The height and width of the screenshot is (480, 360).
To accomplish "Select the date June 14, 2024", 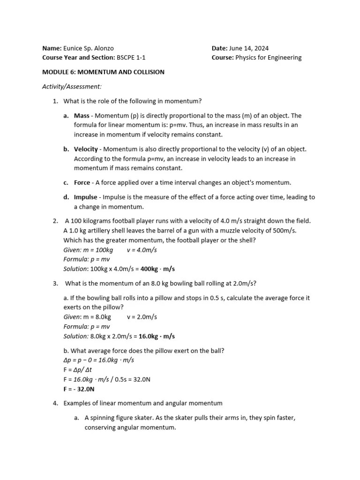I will pos(248,48).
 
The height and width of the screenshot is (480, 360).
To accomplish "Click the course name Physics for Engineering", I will pos(268,58).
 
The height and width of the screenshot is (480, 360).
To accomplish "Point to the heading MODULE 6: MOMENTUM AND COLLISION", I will pos(103,72).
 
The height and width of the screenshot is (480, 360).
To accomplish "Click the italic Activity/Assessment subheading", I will pos(72,87).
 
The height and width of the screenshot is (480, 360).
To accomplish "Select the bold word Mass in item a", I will pos(82,116).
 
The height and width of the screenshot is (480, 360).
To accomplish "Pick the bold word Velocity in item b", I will pos(86,149).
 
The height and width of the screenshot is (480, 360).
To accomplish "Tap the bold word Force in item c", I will pos(82,182).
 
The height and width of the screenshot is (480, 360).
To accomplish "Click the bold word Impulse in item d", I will pos(86,197).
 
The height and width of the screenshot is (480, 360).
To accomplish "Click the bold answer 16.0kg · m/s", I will pos(157,336).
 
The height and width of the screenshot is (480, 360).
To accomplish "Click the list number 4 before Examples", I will pos(55,403).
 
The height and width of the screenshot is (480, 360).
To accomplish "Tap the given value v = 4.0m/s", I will pos(142,250).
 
